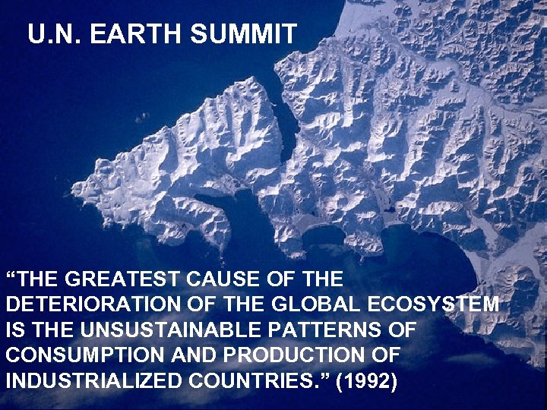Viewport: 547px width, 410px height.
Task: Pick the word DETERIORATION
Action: click(80, 304)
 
